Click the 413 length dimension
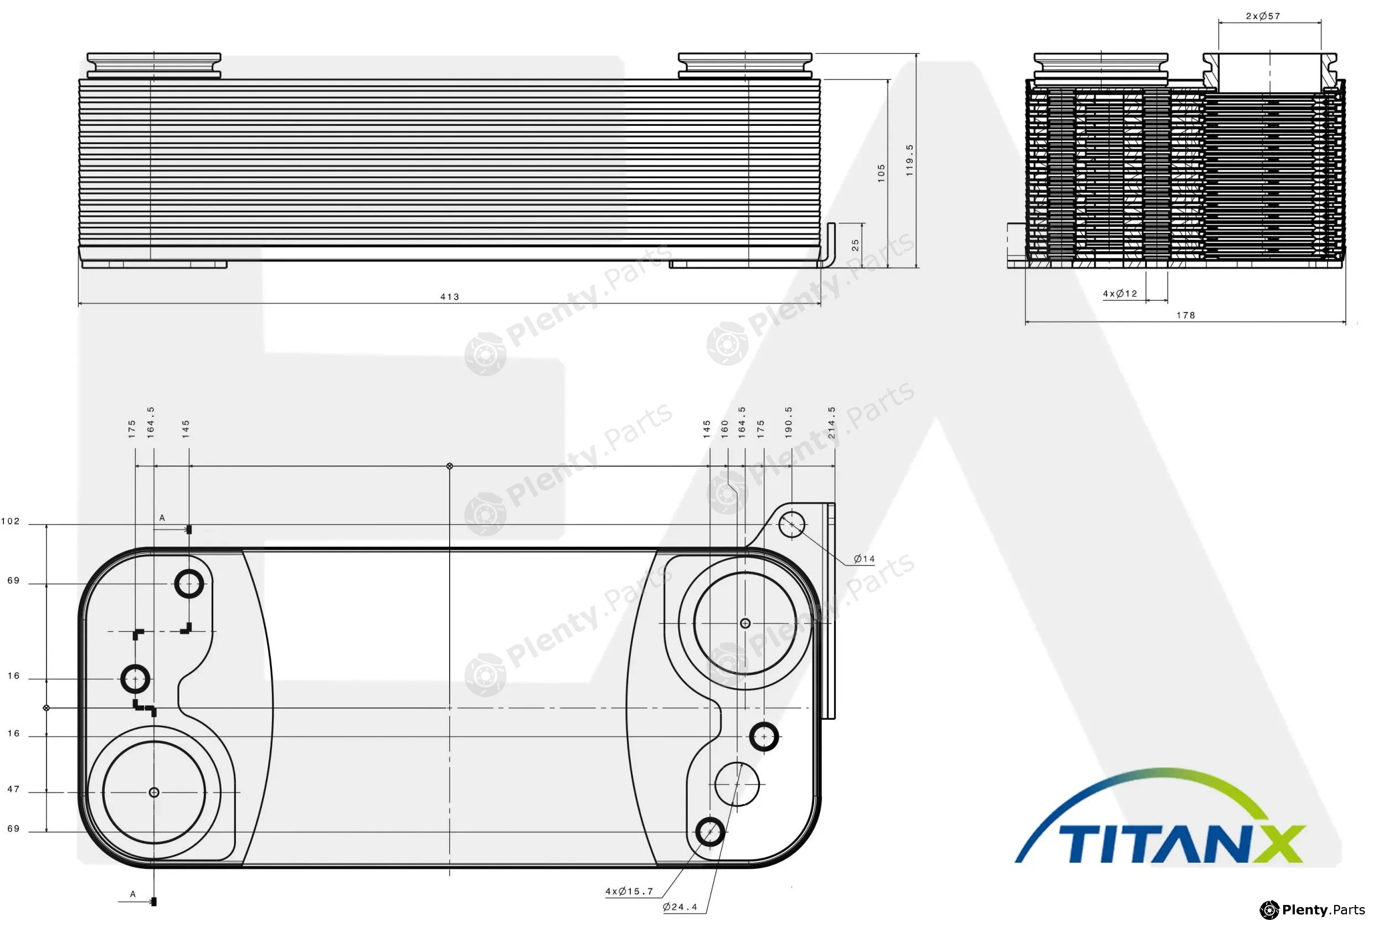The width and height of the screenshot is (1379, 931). [x=450, y=297]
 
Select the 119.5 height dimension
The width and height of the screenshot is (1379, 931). [x=909, y=160]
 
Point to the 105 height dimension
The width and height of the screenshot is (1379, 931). [x=881, y=173]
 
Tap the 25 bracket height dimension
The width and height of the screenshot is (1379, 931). [x=855, y=245]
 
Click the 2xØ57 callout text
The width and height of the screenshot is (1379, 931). [x=1263, y=16]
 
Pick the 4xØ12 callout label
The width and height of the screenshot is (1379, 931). [x=1120, y=293]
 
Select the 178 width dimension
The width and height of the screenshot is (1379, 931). [x=1186, y=315]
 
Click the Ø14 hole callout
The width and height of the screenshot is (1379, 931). [x=864, y=559]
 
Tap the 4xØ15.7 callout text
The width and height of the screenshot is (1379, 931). [x=629, y=891]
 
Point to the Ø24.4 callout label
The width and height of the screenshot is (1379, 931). [x=680, y=907]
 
